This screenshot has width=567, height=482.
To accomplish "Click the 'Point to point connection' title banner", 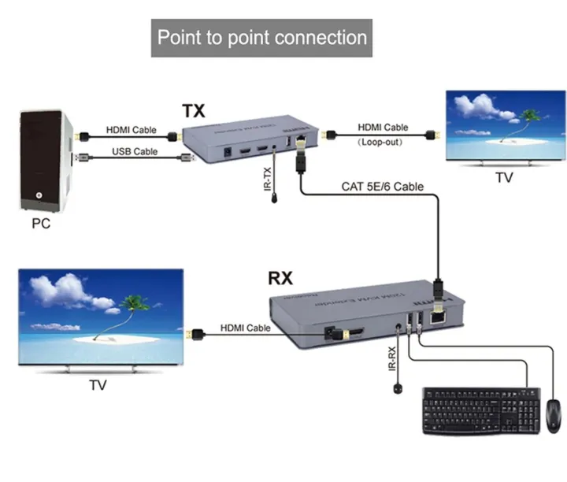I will point(261,37).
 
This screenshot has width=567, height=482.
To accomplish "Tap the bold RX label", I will point(282,277).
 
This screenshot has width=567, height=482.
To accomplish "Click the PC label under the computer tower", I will point(41,223).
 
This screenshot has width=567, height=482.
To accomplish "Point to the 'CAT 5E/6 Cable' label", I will point(382,187).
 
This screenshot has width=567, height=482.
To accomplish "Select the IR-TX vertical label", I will point(268,179).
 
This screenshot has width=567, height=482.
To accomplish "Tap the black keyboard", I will point(480,410).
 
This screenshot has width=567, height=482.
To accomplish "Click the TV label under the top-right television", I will point(504,178).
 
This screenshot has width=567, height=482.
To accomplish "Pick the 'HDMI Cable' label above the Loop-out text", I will point(383,127).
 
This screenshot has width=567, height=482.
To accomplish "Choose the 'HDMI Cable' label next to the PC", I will point(132,130).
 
